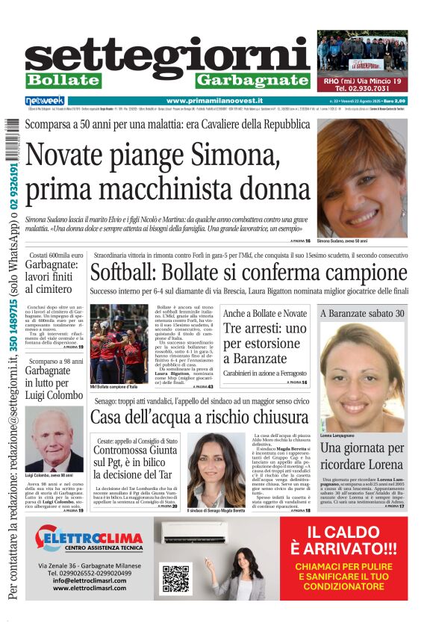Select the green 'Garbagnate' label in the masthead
click(x=253, y=81)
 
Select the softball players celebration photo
click(x=119, y=344)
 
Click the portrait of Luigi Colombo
click(x=54, y=439)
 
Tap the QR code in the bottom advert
click(x=175, y=578)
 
